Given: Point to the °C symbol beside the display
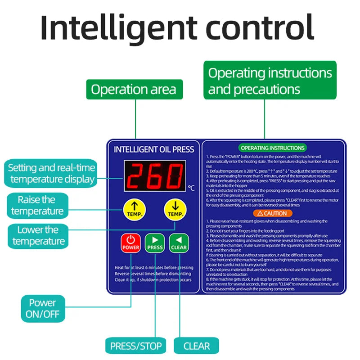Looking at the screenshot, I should click(x=191, y=188).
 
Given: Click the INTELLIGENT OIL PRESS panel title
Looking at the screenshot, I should click(x=154, y=149).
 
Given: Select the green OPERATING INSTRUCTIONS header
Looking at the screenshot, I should click(x=273, y=148).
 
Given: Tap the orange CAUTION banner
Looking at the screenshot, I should click(x=273, y=213).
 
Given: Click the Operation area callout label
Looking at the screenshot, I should click(x=134, y=89).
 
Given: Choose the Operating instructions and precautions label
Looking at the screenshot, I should click(x=270, y=81).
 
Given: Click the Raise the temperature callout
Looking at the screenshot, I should click(x=37, y=205).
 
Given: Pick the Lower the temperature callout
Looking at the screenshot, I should click(x=38, y=235).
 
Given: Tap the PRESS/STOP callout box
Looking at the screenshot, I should click(x=135, y=346).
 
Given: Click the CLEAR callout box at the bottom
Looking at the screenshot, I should click(x=197, y=346).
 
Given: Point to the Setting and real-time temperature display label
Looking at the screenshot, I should click(x=52, y=173).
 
